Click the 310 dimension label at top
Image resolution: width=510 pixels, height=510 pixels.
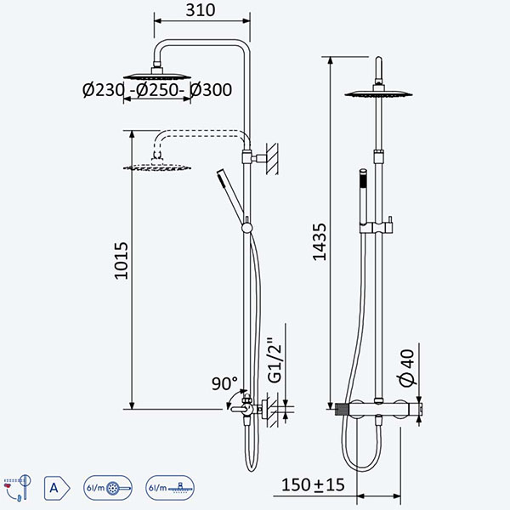[x=201, y=10]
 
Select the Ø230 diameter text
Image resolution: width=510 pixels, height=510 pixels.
[x=103, y=90]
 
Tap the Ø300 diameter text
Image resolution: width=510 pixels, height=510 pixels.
[x=211, y=90]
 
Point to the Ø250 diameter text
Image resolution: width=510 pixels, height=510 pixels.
[x=157, y=90]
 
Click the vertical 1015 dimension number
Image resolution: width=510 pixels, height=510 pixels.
[x=122, y=261]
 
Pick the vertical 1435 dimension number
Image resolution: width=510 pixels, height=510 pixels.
[x=320, y=242]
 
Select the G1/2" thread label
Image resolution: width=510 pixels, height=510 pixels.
[x=275, y=360]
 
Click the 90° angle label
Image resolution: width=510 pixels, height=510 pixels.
[x=224, y=383]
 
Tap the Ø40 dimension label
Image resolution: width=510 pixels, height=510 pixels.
[x=407, y=368]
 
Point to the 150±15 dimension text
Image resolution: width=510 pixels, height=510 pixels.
[x=313, y=484]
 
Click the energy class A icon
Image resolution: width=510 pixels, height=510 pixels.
[x=57, y=488]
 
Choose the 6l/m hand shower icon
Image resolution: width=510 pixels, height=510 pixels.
[x=108, y=488]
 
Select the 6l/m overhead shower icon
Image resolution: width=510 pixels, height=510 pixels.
[x=170, y=488]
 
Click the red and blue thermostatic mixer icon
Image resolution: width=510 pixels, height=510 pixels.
[x=18, y=487]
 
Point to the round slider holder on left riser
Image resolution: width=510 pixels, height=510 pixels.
[x=246, y=228]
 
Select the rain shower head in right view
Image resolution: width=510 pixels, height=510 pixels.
[x=378, y=93]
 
